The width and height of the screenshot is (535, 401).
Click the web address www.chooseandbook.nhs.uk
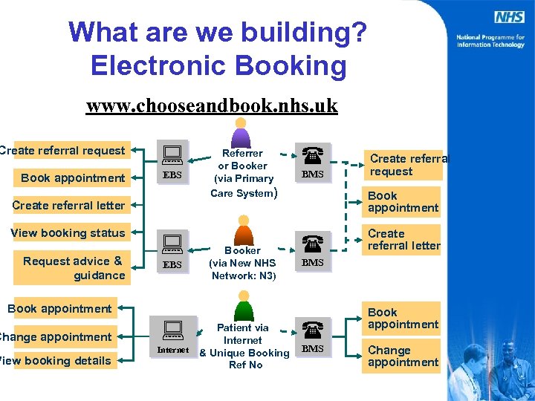[x=212, y=105]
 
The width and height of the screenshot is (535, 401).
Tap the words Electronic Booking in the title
[x=218, y=65]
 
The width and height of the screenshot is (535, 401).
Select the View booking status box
[x=68, y=232]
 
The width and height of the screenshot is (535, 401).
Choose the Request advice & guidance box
[x=73, y=267]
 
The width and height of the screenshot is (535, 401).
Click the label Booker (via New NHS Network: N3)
[x=243, y=263]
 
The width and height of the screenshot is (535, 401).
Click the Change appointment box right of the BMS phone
[x=403, y=356]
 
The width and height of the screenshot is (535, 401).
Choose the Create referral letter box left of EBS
[x=68, y=205]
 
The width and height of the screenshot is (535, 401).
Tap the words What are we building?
[x=217, y=32]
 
